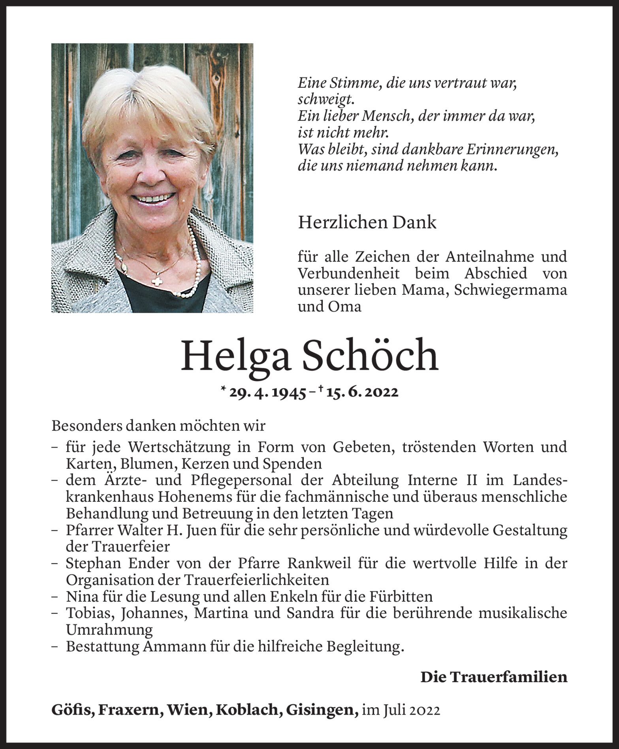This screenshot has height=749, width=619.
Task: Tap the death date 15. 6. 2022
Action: (x=360, y=392)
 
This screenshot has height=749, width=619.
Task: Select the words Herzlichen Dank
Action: (x=367, y=223)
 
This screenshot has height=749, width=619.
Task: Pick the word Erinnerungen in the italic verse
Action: (x=512, y=150)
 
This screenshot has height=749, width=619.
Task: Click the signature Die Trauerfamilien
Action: (x=493, y=677)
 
